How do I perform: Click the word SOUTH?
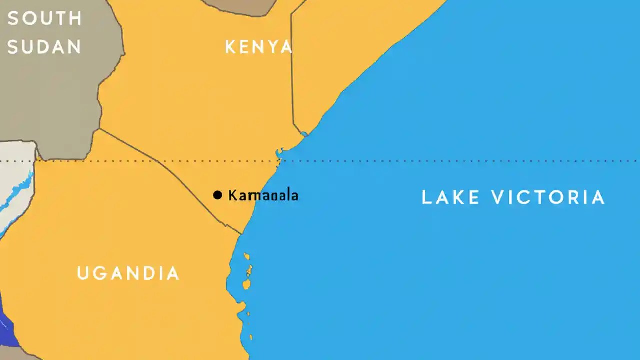point(44,19)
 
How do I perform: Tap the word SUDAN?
point(44,47)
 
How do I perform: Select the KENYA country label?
point(258,47)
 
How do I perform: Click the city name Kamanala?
point(263,195)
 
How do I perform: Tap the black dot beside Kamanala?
point(217,195)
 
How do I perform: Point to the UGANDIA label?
point(128,273)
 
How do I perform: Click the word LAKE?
point(451,197)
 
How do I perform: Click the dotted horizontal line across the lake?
point(450,161)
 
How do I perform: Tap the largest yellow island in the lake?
point(246,285)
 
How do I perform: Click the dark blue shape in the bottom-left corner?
point(7,325)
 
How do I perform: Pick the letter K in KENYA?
point(230,47)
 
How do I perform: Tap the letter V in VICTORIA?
point(497,197)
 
